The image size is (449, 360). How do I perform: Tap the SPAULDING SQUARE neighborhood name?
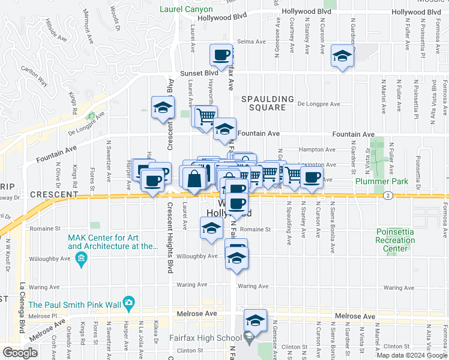(x=268, y=103)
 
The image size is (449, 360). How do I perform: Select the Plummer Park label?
(x=381, y=181)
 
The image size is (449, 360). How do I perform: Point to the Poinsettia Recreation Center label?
(x=395, y=240)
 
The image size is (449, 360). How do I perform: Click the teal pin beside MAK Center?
(x=82, y=259)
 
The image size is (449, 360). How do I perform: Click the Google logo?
(x=20, y=353)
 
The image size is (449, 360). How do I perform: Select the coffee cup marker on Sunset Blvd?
(x=221, y=55)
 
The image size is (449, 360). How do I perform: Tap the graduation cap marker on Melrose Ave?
(x=255, y=322)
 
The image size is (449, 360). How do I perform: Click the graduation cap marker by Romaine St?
(x=211, y=229)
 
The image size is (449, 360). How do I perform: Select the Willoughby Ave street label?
(x=197, y=256)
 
